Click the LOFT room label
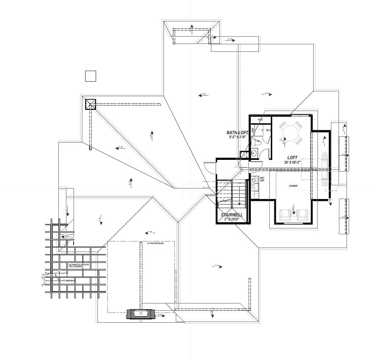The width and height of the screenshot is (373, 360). tap(292, 158)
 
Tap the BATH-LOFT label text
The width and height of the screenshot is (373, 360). tap(237, 133)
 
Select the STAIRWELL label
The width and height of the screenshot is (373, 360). tap(232, 215)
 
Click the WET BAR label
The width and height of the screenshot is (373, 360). tap(262, 179)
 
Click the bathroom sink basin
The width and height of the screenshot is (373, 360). tap(254, 154)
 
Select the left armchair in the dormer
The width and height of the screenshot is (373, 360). tap(286, 215)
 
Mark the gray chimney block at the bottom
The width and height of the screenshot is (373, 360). tap(140, 314)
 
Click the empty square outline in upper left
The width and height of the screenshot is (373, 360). tap(90, 76)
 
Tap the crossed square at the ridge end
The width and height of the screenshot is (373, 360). tap(90, 104)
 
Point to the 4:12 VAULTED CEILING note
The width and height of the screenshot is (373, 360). tap(155, 244)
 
